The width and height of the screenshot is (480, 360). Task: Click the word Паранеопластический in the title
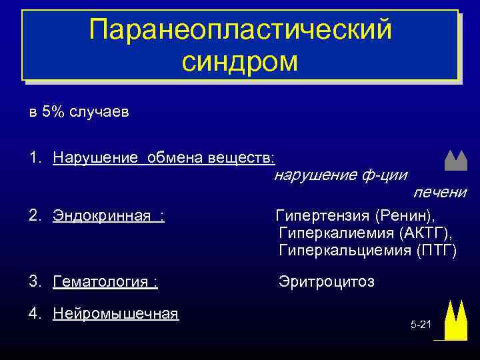[x=240, y=29]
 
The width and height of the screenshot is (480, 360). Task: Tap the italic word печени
[x=440, y=193]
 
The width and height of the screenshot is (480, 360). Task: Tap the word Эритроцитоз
[x=327, y=282]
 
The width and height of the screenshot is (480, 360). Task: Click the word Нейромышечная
[x=116, y=313]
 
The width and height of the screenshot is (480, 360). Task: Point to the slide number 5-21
[x=421, y=325]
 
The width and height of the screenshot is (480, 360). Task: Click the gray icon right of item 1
[x=455, y=159]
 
